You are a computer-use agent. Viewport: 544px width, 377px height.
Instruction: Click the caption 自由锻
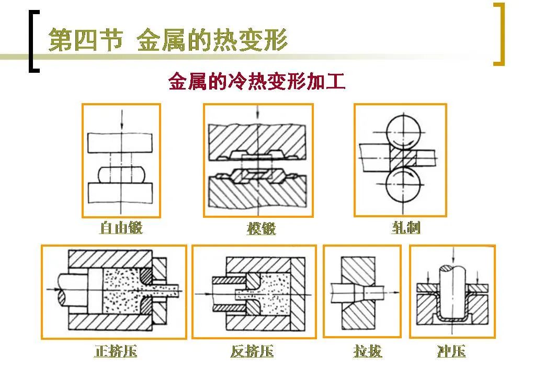[121, 228]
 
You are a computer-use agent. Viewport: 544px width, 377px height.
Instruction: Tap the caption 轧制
[406, 228]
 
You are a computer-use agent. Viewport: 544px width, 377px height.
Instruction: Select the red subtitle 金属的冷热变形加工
[256, 82]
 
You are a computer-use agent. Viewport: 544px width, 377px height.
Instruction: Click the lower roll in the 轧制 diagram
[403, 184]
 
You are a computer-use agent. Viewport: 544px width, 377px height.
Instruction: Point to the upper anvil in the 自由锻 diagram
[121, 142]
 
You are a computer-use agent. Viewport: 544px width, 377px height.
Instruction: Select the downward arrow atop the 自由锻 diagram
[121, 118]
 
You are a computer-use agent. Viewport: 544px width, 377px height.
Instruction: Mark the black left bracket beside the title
[32, 42]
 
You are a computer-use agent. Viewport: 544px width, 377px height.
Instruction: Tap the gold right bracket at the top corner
[500, 34]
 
